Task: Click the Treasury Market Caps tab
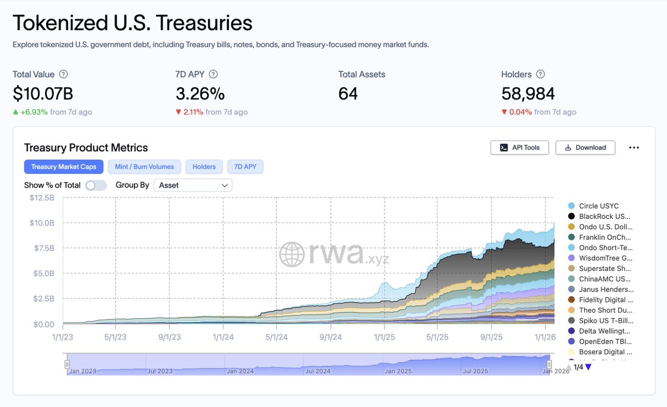point(63,167)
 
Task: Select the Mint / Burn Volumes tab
point(145,167)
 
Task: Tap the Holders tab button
point(204,167)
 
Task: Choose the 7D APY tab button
point(245,167)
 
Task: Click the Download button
point(585,147)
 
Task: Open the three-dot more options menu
point(634,148)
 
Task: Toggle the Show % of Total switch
point(96,185)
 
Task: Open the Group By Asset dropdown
point(193,185)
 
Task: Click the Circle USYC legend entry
point(598,206)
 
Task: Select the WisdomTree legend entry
point(605,258)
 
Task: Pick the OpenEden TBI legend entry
point(605,341)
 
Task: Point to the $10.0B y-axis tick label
point(42,223)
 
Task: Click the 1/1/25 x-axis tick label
point(384,337)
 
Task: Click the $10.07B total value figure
point(43,94)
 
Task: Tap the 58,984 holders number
point(528,94)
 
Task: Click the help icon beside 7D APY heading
point(213,74)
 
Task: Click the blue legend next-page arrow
point(589,367)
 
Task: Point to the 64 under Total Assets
point(348,94)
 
